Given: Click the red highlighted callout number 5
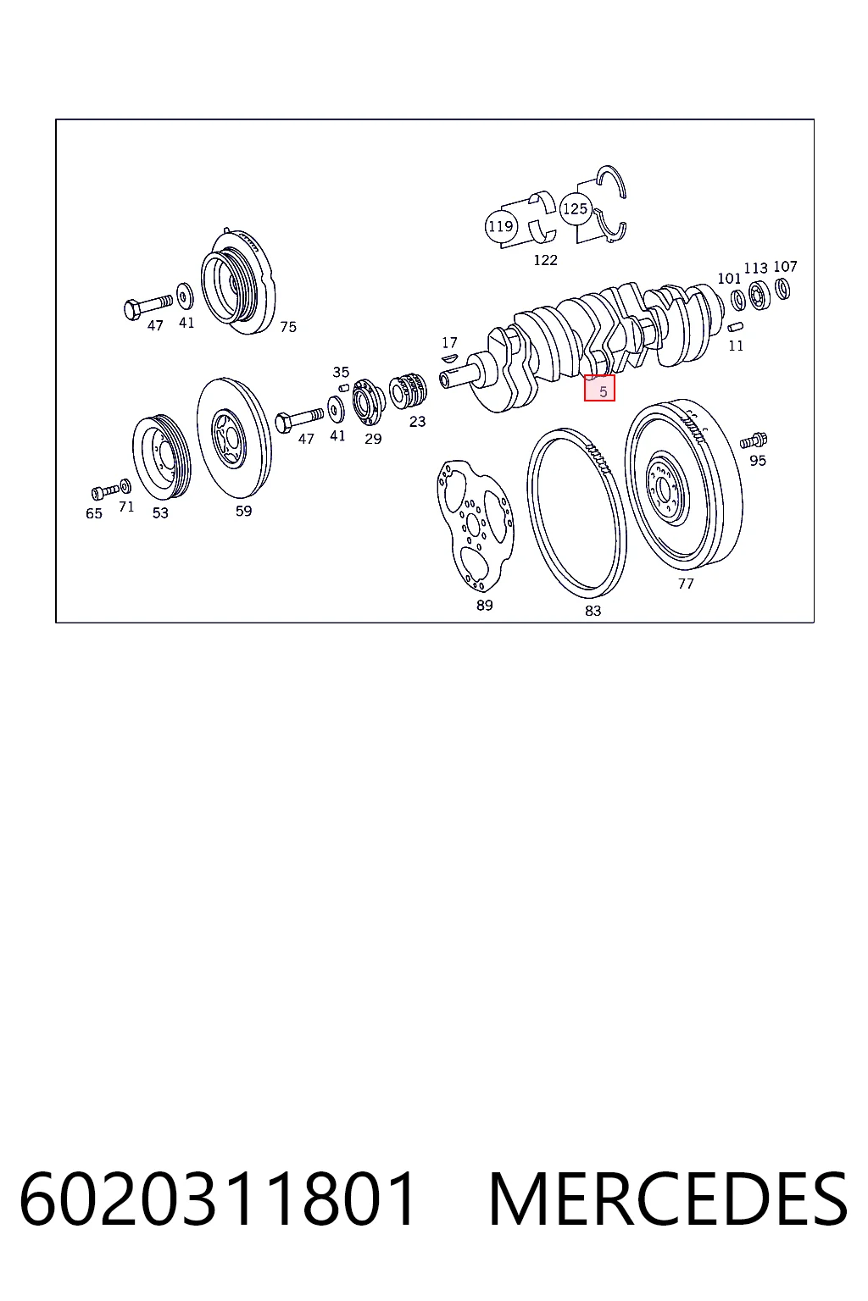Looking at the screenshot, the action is tap(599, 388).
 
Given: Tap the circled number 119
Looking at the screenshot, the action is tap(501, 226).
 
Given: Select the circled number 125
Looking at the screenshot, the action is tap(576, 208).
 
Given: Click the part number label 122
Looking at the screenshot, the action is tap(545, 260).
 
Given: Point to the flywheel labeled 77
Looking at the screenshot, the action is tap(684, 485).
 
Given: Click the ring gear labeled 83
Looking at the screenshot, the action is tap(531, 511).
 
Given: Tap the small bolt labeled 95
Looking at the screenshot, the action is tap(754, 440).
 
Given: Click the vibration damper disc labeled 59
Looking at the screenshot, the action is tap(234, 438).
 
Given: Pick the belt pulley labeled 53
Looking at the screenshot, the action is tap(162, 457).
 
